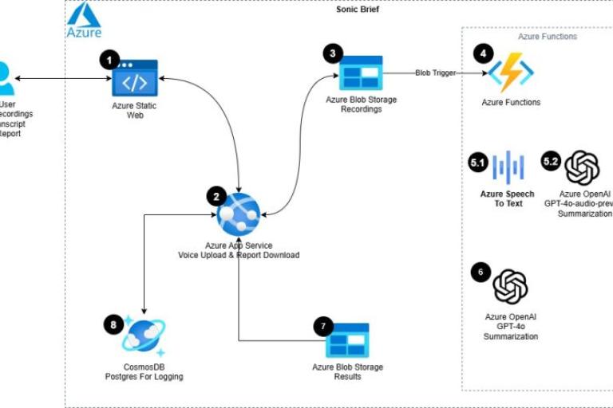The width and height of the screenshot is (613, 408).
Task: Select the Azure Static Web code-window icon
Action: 134,78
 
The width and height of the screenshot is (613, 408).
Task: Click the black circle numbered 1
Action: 109,59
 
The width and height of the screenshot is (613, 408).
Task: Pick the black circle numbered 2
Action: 216,195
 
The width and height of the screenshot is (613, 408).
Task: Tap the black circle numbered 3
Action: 333,53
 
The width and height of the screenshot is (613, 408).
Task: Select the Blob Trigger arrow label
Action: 435,73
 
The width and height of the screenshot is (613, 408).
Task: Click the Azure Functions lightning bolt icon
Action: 511,73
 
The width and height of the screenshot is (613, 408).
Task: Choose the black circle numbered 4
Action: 482,53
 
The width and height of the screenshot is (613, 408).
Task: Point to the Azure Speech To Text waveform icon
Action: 507,167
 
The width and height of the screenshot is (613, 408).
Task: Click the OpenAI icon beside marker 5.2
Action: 581,167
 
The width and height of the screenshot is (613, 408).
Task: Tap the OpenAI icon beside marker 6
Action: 511,287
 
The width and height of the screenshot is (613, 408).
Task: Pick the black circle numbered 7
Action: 322,326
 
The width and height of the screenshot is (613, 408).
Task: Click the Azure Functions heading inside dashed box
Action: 548,37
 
